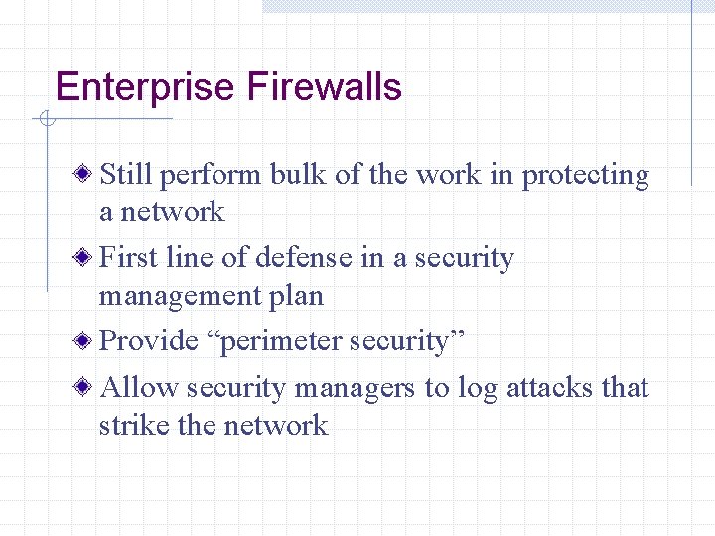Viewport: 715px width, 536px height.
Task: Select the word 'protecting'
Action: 586,176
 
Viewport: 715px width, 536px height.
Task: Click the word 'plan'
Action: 296,296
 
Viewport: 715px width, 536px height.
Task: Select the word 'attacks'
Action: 550,388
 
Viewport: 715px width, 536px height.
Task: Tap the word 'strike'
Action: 131,426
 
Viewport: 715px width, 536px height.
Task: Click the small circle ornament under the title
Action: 45,120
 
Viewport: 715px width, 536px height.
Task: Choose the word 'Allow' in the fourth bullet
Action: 140,388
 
